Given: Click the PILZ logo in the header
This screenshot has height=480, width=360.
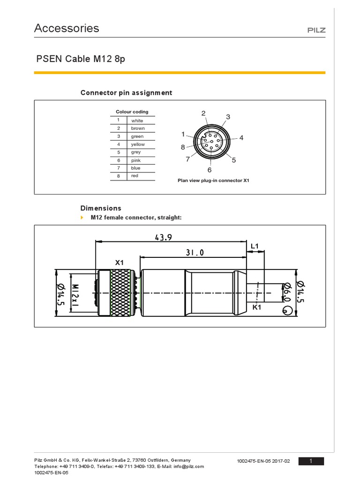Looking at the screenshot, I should coord(316,30).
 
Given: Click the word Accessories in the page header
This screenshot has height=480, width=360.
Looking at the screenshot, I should coord(67,28).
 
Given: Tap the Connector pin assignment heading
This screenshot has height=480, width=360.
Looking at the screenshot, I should coord(126,93).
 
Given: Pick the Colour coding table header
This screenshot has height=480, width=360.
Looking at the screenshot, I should coord(132,112).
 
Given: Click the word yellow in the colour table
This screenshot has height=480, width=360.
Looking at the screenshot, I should coord(138,144).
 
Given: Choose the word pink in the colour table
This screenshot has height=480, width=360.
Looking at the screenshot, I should coord(136,160).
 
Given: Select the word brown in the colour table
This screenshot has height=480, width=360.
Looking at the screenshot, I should coord(138,128).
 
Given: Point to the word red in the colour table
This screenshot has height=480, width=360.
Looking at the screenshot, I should coord(135,176).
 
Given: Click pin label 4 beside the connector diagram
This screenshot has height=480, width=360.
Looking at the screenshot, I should coord(241,138).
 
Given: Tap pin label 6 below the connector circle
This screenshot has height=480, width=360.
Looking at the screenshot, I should coord(210,170).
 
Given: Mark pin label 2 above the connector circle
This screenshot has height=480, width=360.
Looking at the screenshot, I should coord(203,113).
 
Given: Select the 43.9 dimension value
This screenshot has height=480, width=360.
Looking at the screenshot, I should coord(163,238).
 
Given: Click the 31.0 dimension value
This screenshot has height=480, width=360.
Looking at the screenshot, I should coord(195,252).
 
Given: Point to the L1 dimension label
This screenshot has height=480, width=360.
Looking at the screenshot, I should coord(255,246).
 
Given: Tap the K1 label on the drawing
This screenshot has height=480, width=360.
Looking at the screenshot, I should coord(256,307).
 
